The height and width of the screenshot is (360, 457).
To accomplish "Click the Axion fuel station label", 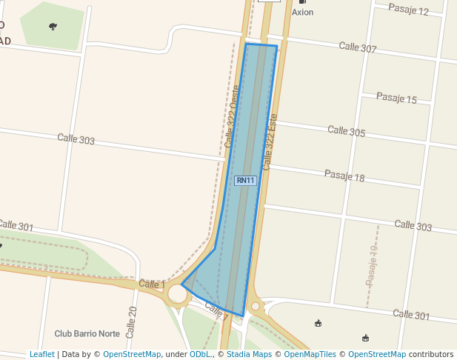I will pos(302,13).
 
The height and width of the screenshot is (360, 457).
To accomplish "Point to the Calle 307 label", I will pos(358,47).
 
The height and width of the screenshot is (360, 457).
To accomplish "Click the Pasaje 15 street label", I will pos(396,99).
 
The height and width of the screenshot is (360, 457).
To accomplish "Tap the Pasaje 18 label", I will pos(344,176).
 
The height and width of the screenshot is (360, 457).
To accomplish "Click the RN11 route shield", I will pos(245,181).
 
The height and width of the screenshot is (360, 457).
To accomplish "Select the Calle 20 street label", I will pos(132,322).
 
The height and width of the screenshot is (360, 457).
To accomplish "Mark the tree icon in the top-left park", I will pos(53,27).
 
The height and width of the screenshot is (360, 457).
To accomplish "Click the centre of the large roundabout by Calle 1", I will pos(178,294).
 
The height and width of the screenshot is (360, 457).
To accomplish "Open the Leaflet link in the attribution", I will pos(41,354).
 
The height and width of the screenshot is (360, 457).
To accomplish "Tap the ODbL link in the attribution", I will pos(200,354).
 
